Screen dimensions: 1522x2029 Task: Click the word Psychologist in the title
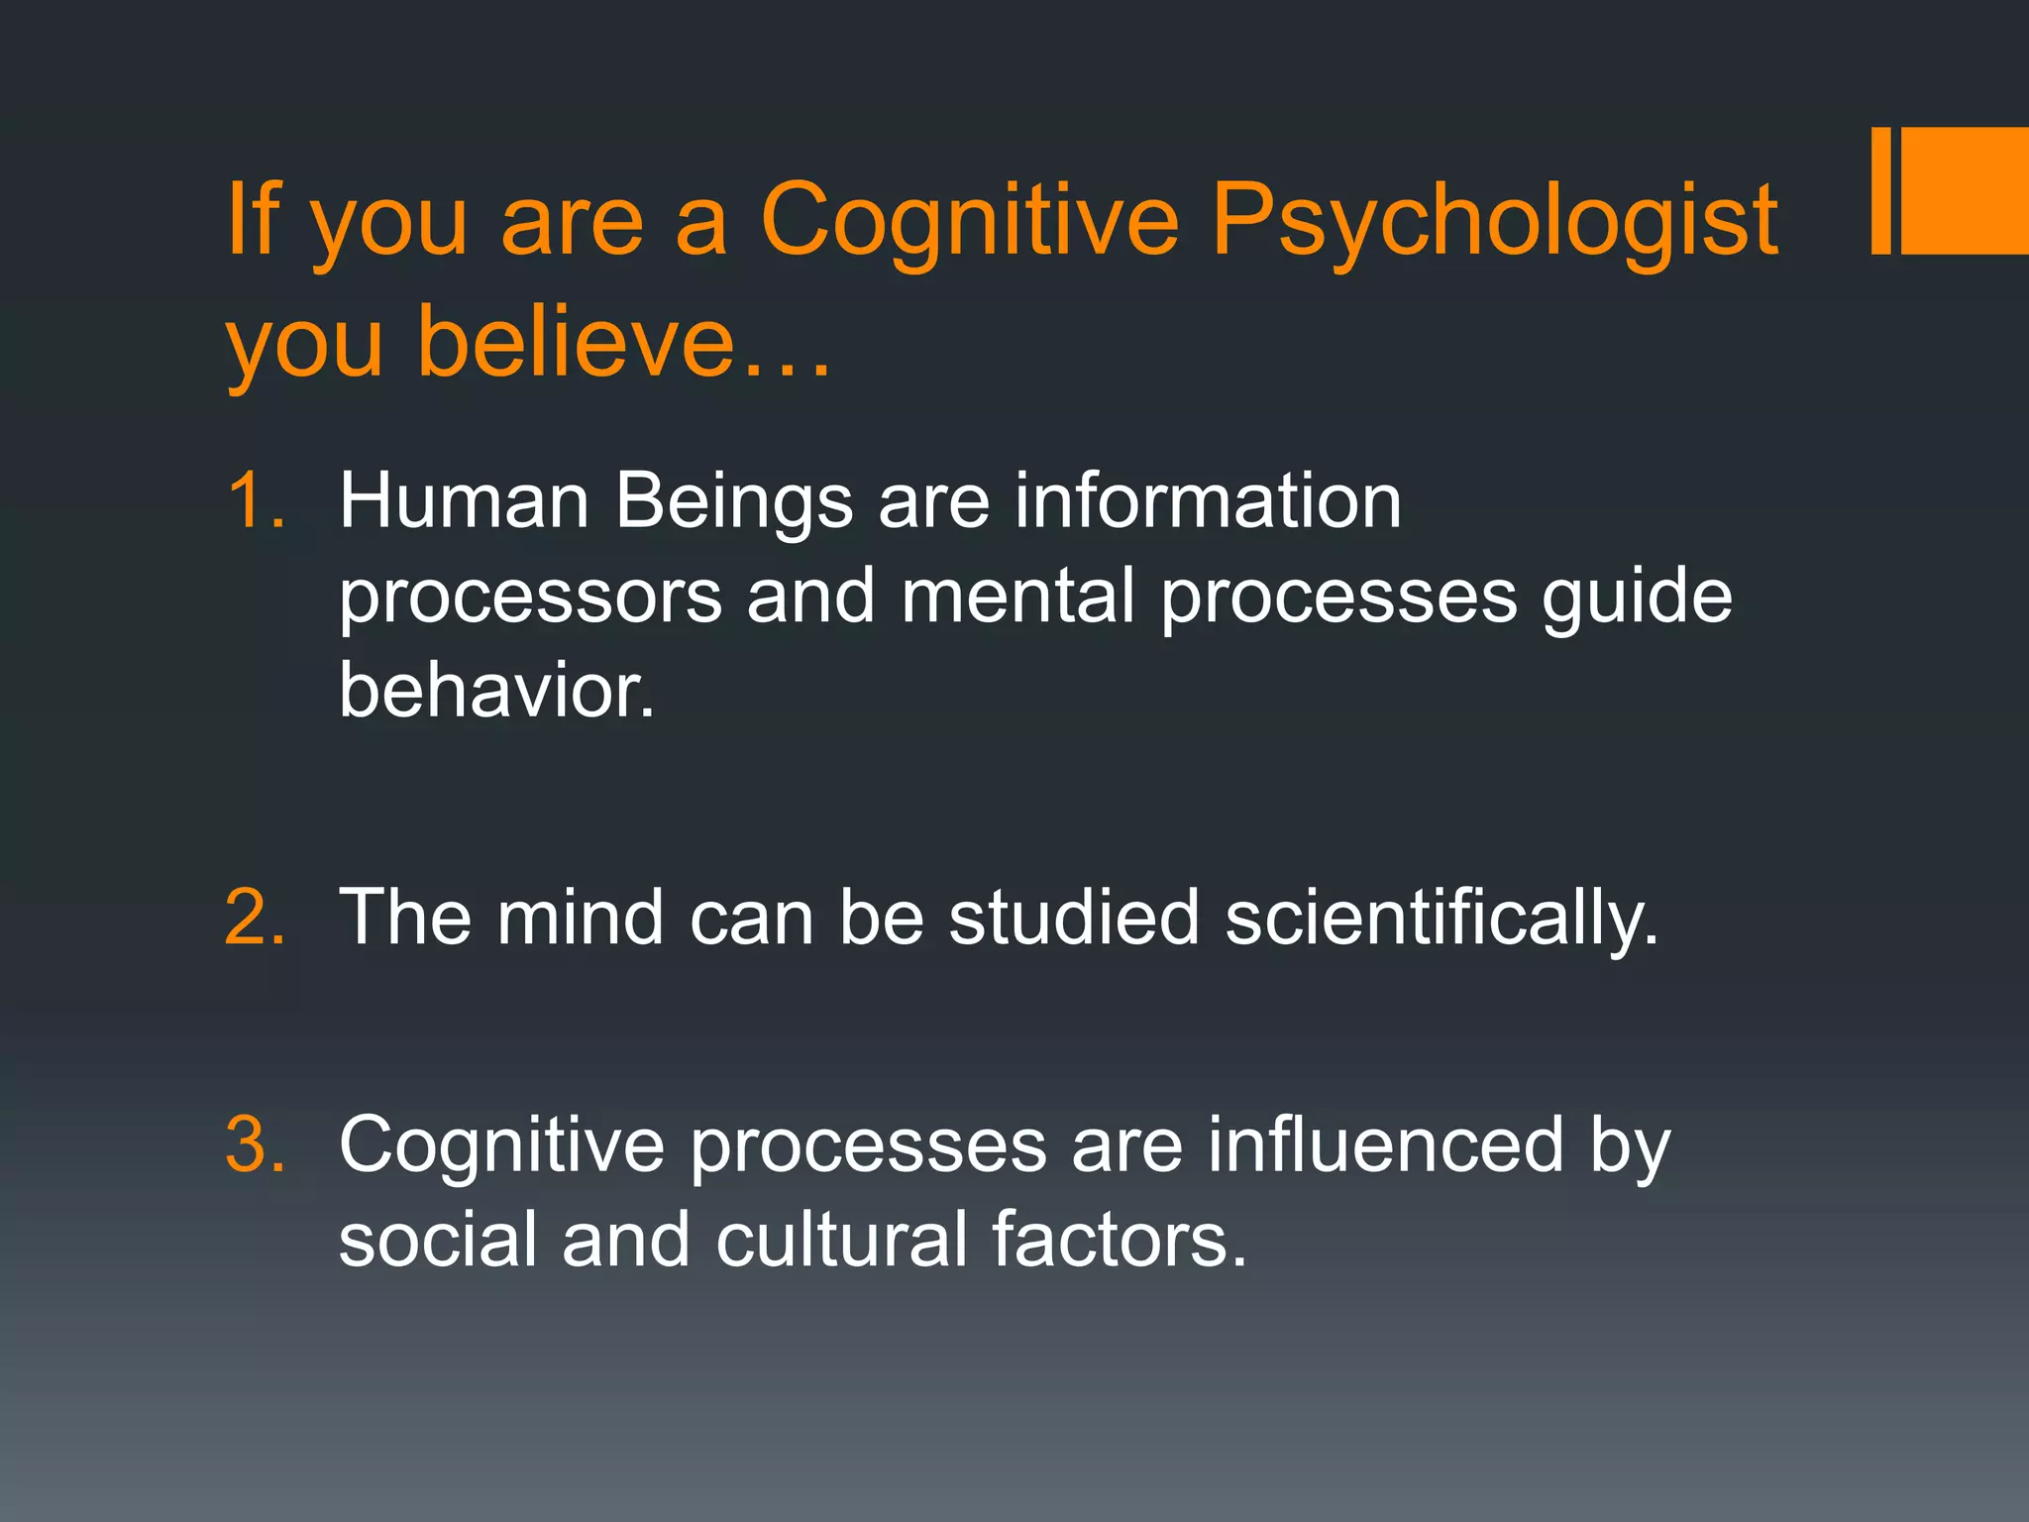point(1494,223)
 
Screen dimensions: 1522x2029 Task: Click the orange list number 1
point(255,500)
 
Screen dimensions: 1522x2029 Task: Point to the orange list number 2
point(255,917)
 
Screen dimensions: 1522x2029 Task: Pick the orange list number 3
point(255,1145)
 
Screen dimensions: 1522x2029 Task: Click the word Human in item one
point(465,500)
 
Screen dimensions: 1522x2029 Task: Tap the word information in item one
point(1208,500)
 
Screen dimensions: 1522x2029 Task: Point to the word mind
point(580,917)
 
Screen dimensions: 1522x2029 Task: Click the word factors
point(1119,1239)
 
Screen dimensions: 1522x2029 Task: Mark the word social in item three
point(437,1239)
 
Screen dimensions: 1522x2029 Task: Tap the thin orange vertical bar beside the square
point(1880,190)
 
